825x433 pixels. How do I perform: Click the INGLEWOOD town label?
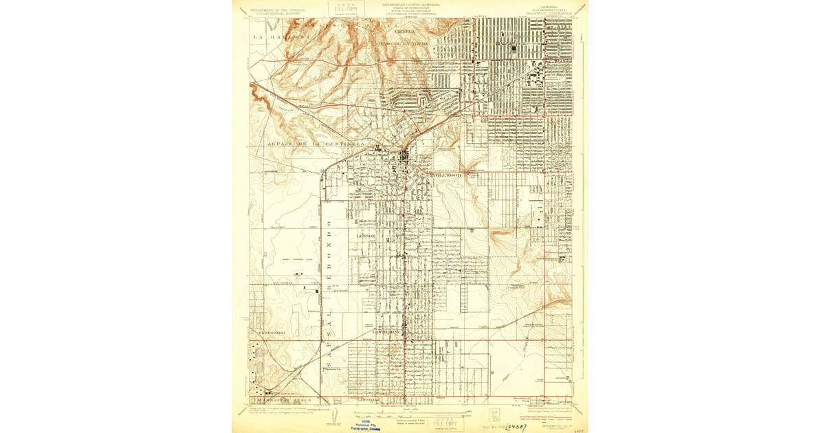(448, 176)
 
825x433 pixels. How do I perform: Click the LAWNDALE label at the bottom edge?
(369, 399)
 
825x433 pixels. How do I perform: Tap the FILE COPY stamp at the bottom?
(447, 421)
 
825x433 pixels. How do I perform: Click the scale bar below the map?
(412, 413)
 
